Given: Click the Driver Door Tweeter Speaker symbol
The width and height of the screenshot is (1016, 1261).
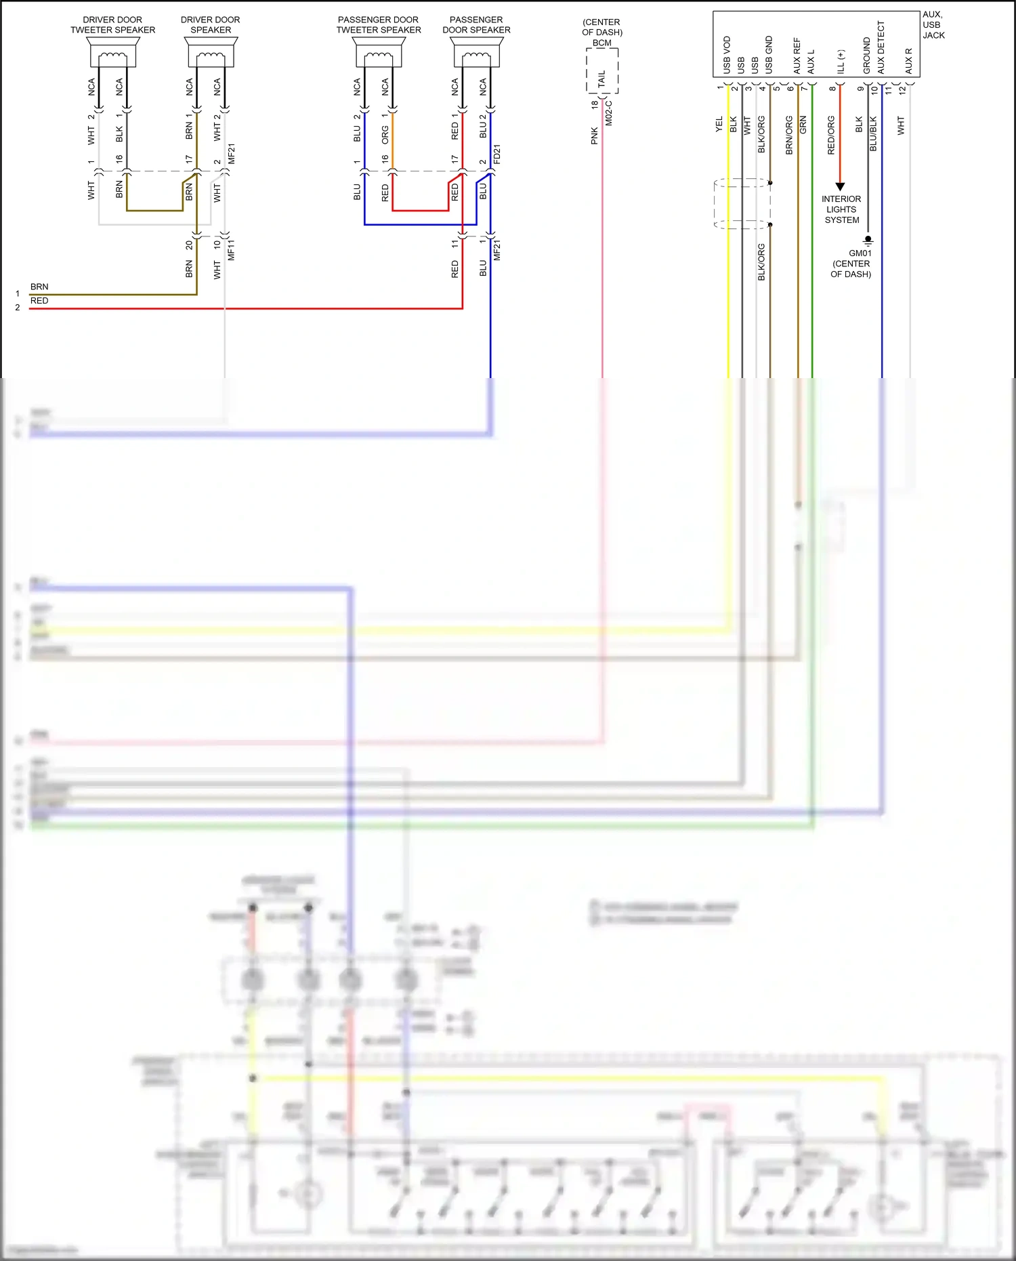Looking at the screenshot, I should click(113, 52).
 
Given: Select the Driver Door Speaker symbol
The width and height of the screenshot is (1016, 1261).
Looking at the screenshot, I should click(211, 52).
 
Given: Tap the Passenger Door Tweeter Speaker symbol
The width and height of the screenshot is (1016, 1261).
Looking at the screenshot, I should click(379, 52).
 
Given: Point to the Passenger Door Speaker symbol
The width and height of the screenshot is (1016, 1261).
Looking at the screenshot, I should click(477, 52).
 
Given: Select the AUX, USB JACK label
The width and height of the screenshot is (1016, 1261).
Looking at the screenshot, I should click(933, 25).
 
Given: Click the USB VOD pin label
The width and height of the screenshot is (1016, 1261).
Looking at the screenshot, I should click(727, 55).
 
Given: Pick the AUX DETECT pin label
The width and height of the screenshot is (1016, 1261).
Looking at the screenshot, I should click(881, 47).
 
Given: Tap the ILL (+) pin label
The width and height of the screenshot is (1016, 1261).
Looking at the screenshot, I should click(841, 61).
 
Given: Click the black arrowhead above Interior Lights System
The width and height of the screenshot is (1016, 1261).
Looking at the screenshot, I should click(840, 186).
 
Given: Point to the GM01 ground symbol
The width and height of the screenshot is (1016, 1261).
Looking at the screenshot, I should click(868, 240).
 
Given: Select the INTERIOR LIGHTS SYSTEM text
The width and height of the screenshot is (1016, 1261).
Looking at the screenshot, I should click(841, 209).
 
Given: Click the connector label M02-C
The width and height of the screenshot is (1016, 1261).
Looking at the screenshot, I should click(609, 113).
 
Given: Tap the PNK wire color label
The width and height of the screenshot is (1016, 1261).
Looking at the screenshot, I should click(595, 136).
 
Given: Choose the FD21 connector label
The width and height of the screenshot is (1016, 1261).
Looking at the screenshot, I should click(497, 154).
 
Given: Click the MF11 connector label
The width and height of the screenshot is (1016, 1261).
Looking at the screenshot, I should click(231, 249).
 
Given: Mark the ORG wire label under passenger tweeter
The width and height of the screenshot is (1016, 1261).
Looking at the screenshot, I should click(385, 135).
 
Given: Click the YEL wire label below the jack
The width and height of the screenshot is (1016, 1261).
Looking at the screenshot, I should click(719, 125).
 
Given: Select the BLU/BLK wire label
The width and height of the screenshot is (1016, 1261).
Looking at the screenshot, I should click(874, 133).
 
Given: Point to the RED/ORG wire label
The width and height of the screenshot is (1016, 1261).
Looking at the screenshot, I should click(831, 135).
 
